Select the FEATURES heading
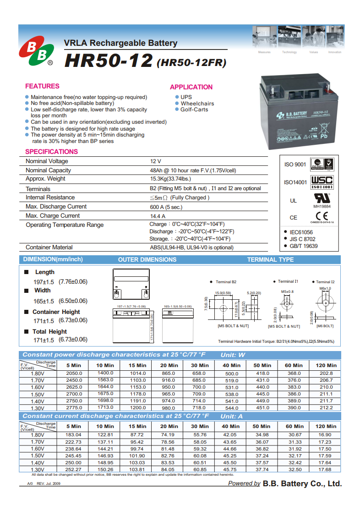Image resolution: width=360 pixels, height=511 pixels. [42, 86]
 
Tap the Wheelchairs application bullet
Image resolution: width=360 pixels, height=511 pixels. [197, 104]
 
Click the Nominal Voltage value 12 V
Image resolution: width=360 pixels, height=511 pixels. [156, 161]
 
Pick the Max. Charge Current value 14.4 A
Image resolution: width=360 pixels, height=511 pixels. [158, 216]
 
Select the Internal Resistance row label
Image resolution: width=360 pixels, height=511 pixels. [50, 198]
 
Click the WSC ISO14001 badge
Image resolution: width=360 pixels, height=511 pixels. [322, 182]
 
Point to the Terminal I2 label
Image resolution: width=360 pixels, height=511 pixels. [325, 282]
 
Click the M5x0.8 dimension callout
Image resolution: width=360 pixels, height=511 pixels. [287, 291]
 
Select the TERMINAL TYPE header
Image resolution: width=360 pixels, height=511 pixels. [270, 259]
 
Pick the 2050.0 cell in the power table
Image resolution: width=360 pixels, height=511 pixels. [74, 374]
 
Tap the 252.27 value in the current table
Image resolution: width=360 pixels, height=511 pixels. [74, 469]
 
